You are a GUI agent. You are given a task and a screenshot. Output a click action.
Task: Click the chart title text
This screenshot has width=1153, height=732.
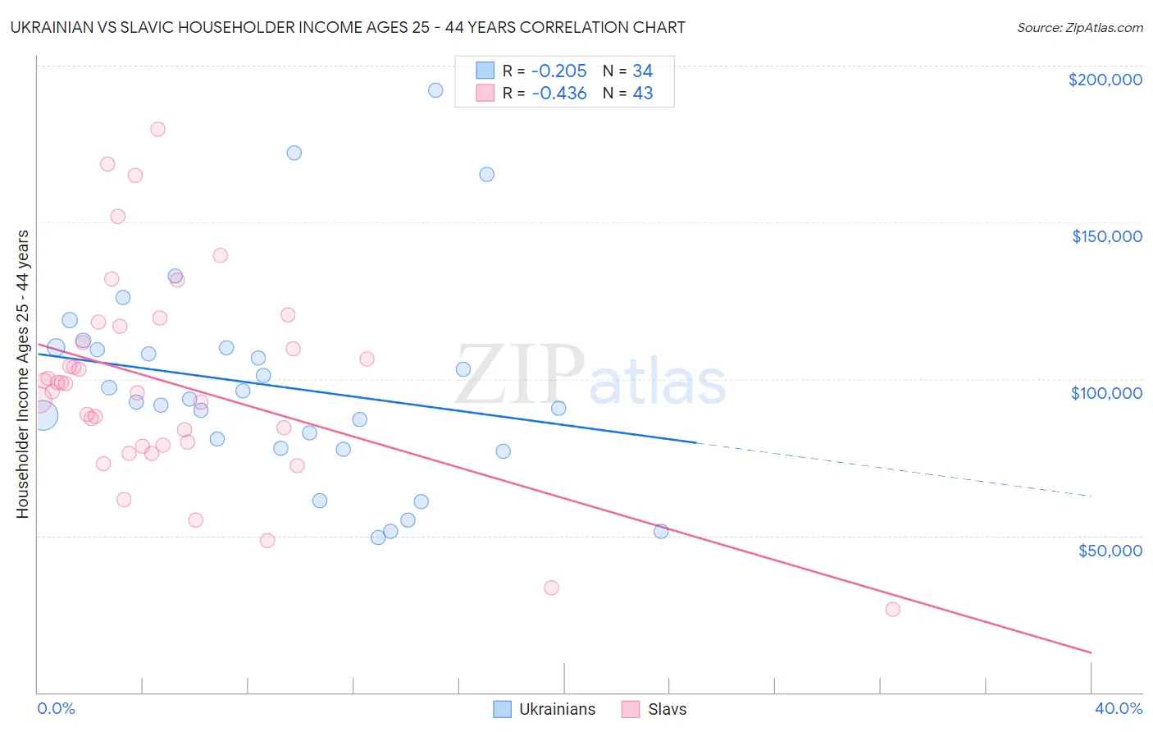(x=349, y=27)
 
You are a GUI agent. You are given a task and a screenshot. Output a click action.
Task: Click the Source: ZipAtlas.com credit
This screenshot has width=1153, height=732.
(x=1079, y=28)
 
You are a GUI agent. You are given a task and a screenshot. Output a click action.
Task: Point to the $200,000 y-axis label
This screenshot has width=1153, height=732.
(x=1105, y=80)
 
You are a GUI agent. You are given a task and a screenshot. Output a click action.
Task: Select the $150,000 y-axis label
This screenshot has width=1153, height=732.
(x=1106, y=236)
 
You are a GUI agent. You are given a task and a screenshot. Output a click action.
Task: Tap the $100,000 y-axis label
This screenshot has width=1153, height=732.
(x=1106, y=393)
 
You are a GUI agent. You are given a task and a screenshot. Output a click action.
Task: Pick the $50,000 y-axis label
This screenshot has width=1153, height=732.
(x=1110, y=551)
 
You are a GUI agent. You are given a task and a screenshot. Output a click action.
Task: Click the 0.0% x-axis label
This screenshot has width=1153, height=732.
(x=57, y=708)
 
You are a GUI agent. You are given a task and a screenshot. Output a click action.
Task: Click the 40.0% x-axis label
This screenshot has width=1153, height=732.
(x=1118, y=708)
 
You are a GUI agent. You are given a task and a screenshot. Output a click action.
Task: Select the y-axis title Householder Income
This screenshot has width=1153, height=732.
(x=22, y=374)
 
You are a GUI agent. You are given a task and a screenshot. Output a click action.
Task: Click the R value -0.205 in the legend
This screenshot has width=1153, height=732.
(x=559, y=71)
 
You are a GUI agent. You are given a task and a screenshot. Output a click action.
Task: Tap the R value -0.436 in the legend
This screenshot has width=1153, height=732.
(x=559, y=94)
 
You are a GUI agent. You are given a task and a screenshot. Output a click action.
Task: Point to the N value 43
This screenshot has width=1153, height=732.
(x=643, y=94)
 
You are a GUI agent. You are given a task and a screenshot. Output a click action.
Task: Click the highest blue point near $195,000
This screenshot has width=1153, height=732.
(x=435, y=90)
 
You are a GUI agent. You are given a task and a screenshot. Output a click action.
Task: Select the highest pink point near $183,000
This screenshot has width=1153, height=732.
(x=157, y=129)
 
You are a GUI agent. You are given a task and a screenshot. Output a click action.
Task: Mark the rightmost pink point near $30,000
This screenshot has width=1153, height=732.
(x=892, y=609)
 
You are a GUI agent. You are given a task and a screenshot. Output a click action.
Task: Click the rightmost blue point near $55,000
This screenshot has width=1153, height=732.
(x=661, y=531)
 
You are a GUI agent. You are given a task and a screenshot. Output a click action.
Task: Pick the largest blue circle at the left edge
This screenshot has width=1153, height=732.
(x=42, y=415)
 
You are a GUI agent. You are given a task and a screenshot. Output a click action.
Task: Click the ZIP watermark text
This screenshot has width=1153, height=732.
(x=520, y=375)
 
